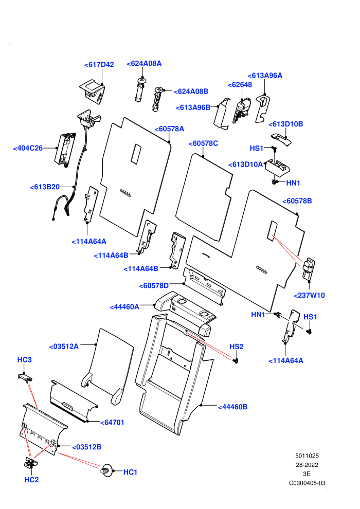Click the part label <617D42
(x=99, y=65)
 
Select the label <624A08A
(x=144, y=64)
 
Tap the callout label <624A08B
(x=191, y=92)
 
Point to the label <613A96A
(x=265, y=76)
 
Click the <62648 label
(x=240, y=85)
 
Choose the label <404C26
(x=28, y=149)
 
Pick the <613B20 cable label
(x=45, y=187)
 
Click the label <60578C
(x=204, y=143)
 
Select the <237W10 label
(x=309, y=296)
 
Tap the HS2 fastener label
(x=237, y=347)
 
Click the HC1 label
(x=130, y=472)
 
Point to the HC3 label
(x=24, y=360)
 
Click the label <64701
(x=112, y=423)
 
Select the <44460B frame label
(x=233, y=407)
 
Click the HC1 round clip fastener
(x=106, y=470)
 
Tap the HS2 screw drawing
(x=236, y=360)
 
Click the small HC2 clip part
(x=30, y=463)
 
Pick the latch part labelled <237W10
(x=309, y=268)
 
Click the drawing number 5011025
(x=307, y=456)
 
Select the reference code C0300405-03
(x=307, y=483)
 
